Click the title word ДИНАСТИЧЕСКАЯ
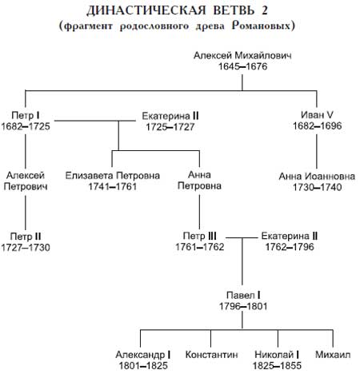click(146, 11)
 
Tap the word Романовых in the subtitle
click(263, 26)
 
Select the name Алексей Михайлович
click(242, 55)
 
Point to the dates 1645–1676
click(242, 66)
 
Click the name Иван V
click(317, 115)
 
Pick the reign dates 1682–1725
click(26, 126)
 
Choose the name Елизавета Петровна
click(113, 176)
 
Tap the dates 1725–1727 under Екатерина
click(170, 127)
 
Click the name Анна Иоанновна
click(317, 177)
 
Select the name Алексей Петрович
click(26, 181)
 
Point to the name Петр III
click(199, 236)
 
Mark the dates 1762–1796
click(290, 247)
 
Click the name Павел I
click(243, 295)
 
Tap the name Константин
click(211, 355)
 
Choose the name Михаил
click(333, 355)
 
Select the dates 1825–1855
click(277, 366)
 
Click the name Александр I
click(143, 355)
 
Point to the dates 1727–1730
click(26, 248)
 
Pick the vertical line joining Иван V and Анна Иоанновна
click(317, 151)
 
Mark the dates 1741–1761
click(112, 187)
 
